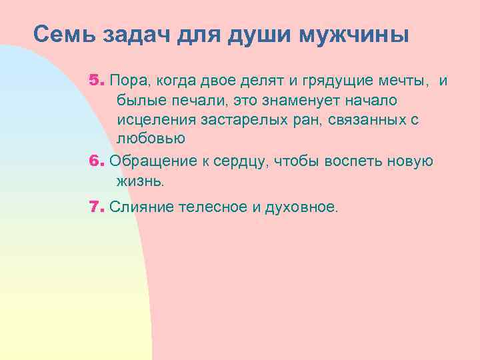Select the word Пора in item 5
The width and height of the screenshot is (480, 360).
(x=129, y=81)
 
